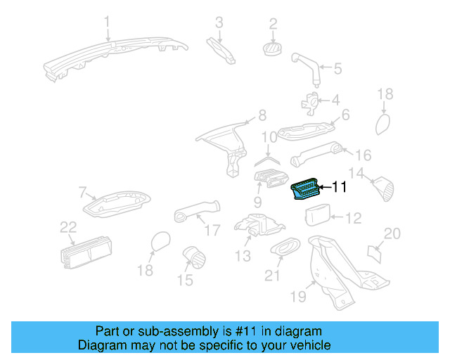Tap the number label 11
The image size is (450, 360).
[x=339, y=187]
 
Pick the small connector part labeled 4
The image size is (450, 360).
[x=310, y=103]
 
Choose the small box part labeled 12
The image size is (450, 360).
[x=320, y=216]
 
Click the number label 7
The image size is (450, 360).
[x=82, y=191]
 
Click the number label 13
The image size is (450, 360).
[x=243, y=257]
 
